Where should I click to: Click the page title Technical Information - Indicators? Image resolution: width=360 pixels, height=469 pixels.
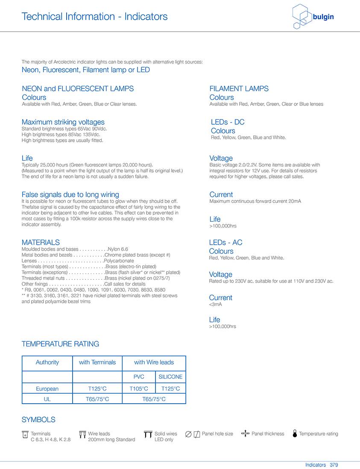[x=94, y=17]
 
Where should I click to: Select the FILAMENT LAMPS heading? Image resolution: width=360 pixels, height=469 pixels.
[x=239, y=88]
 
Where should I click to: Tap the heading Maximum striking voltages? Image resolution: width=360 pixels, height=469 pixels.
[x=63, y=122]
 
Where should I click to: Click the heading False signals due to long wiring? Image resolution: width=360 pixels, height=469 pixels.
[x=70, y=195]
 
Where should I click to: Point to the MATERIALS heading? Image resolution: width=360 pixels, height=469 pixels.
[x=41, y=242]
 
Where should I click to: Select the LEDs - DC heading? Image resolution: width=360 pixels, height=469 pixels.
[x=228, y=122]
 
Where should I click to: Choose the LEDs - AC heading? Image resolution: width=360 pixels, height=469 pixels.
[x=225, y=243]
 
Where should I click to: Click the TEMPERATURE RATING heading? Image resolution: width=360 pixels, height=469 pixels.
[x=60, y=344]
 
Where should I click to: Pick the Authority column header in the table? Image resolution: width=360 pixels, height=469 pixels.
[x=47, y=362]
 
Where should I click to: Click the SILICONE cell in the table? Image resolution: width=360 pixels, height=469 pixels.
[x=170, y=377]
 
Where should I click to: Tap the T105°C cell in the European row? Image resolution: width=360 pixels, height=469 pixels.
[x=139, y=389]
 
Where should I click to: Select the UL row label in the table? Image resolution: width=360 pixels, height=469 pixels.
[x=47, y=399]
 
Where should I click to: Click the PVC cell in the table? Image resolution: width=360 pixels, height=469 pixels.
[x=139, y=377]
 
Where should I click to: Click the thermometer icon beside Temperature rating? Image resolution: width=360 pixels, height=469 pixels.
[x=295, y=434]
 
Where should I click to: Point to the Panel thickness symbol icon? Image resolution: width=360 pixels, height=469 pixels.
[x=245, y=434]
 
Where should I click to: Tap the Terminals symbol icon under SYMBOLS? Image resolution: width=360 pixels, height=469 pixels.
[x=25, y=435]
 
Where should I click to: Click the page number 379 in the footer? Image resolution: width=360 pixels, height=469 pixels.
[x=334, y=465]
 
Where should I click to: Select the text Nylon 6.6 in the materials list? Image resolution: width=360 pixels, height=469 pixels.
[x=118, y=249]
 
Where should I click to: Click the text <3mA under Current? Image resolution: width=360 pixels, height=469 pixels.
[x=215, y=304]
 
